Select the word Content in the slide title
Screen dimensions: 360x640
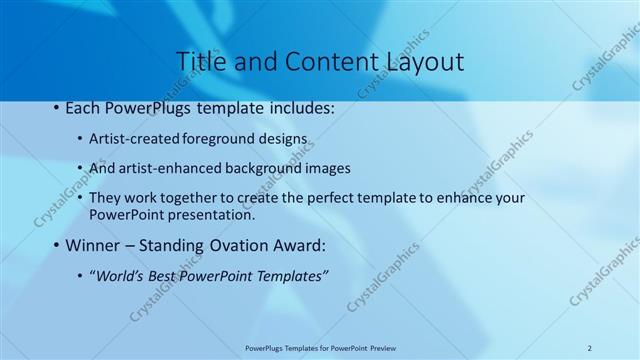click(x=315, y=62)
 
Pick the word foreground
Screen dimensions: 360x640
click(x=207, y=139)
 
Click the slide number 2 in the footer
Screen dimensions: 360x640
click(x=589, y=348)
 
